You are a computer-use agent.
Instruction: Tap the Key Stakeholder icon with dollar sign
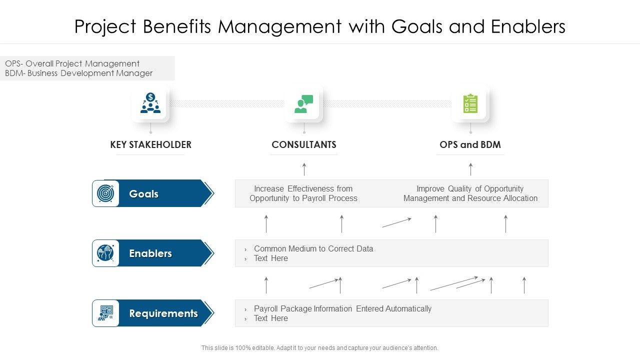(x=150, y=103)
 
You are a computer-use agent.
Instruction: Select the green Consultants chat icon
(x=304, y=103)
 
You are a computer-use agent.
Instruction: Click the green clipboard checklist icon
(x=470, y=103)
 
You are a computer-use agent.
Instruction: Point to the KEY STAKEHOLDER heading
(x=150, y=144)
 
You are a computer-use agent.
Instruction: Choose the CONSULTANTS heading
(x=304, y=144)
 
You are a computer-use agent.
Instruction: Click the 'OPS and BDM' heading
(x=470, y=144)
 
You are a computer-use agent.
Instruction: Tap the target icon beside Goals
(x=105, y=193)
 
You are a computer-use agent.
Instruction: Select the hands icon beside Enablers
(x=105, y=253)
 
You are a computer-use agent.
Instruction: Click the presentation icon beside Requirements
(x=105, y=313)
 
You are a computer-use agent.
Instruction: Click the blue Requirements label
(x=163, y=313)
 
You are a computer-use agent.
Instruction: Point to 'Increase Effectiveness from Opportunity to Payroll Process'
(x=303, y=193)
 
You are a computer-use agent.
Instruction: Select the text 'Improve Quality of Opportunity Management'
(x=470, y=193)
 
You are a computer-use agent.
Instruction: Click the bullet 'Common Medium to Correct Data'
(x=313, y=248)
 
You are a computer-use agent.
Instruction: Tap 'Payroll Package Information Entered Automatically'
(x=342, y=308)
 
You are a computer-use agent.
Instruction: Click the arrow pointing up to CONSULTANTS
(x=304, y=169)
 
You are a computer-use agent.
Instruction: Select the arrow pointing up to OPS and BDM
(x=470, y=169)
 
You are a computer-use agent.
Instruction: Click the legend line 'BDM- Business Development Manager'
(x=78, y=73)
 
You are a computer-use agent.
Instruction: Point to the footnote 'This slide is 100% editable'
(x=319, y=348)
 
